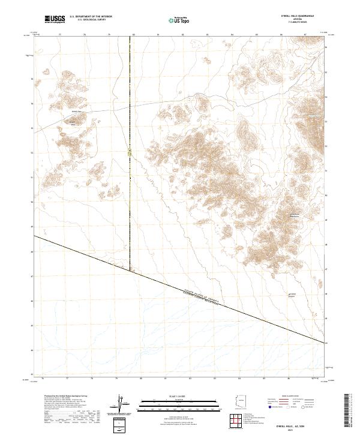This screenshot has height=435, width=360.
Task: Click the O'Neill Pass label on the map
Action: (x=76, y=112)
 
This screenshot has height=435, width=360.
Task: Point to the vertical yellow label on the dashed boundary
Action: (x=130, y=154)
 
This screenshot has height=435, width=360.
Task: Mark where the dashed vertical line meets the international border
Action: (x=130, y=270)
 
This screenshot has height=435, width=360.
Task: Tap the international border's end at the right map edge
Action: (x=325, y=343)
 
